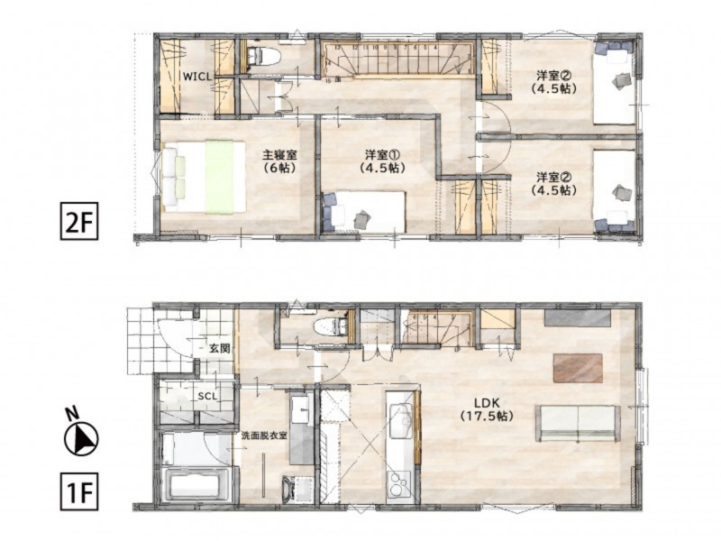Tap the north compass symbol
point(80,439)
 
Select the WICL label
point(196,77)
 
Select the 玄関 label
point(219,347)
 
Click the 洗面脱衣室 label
point(263,436)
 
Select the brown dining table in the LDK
point(578,368)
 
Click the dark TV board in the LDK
point(577,317)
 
